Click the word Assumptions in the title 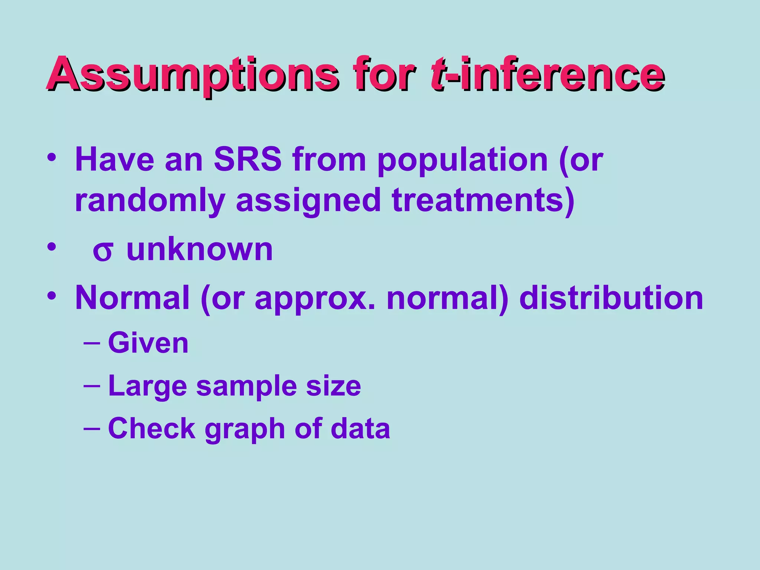click(x=192, y=74)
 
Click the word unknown click(x=200, y=250)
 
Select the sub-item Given click(x=148, y=344)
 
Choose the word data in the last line click(x=360, y=429)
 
